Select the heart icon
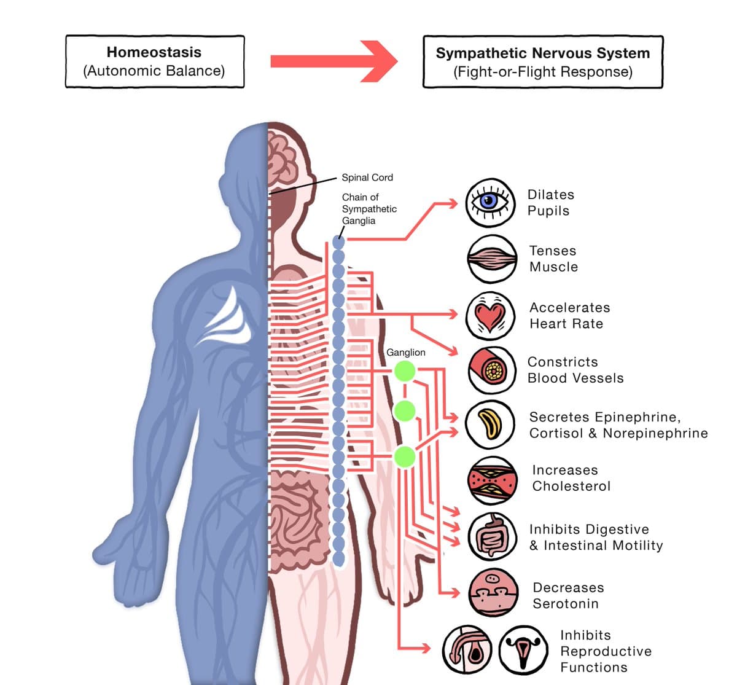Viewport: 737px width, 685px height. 490,316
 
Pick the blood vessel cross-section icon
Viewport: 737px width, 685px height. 491,369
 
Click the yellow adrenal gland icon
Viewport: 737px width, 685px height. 489,424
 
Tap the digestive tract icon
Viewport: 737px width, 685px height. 492,536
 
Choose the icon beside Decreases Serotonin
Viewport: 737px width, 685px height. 492,592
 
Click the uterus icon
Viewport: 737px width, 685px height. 523,650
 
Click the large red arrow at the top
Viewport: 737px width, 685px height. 334,61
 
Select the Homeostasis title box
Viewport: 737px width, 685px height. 155,61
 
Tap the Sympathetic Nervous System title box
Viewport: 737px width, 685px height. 543,61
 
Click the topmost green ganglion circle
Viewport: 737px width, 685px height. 405,370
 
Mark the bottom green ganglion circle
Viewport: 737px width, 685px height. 404,457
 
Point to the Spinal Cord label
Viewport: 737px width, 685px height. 367,178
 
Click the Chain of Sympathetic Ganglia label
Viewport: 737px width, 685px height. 368,209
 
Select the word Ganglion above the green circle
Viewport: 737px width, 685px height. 405,352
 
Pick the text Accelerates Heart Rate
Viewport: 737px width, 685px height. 569,315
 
